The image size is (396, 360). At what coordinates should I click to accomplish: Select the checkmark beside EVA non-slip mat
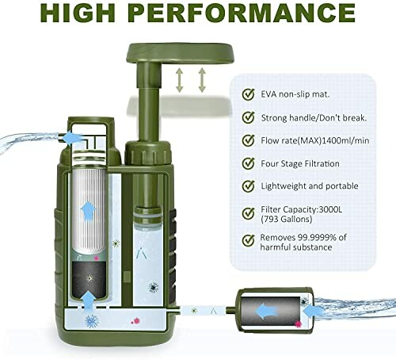tap(248, 94)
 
